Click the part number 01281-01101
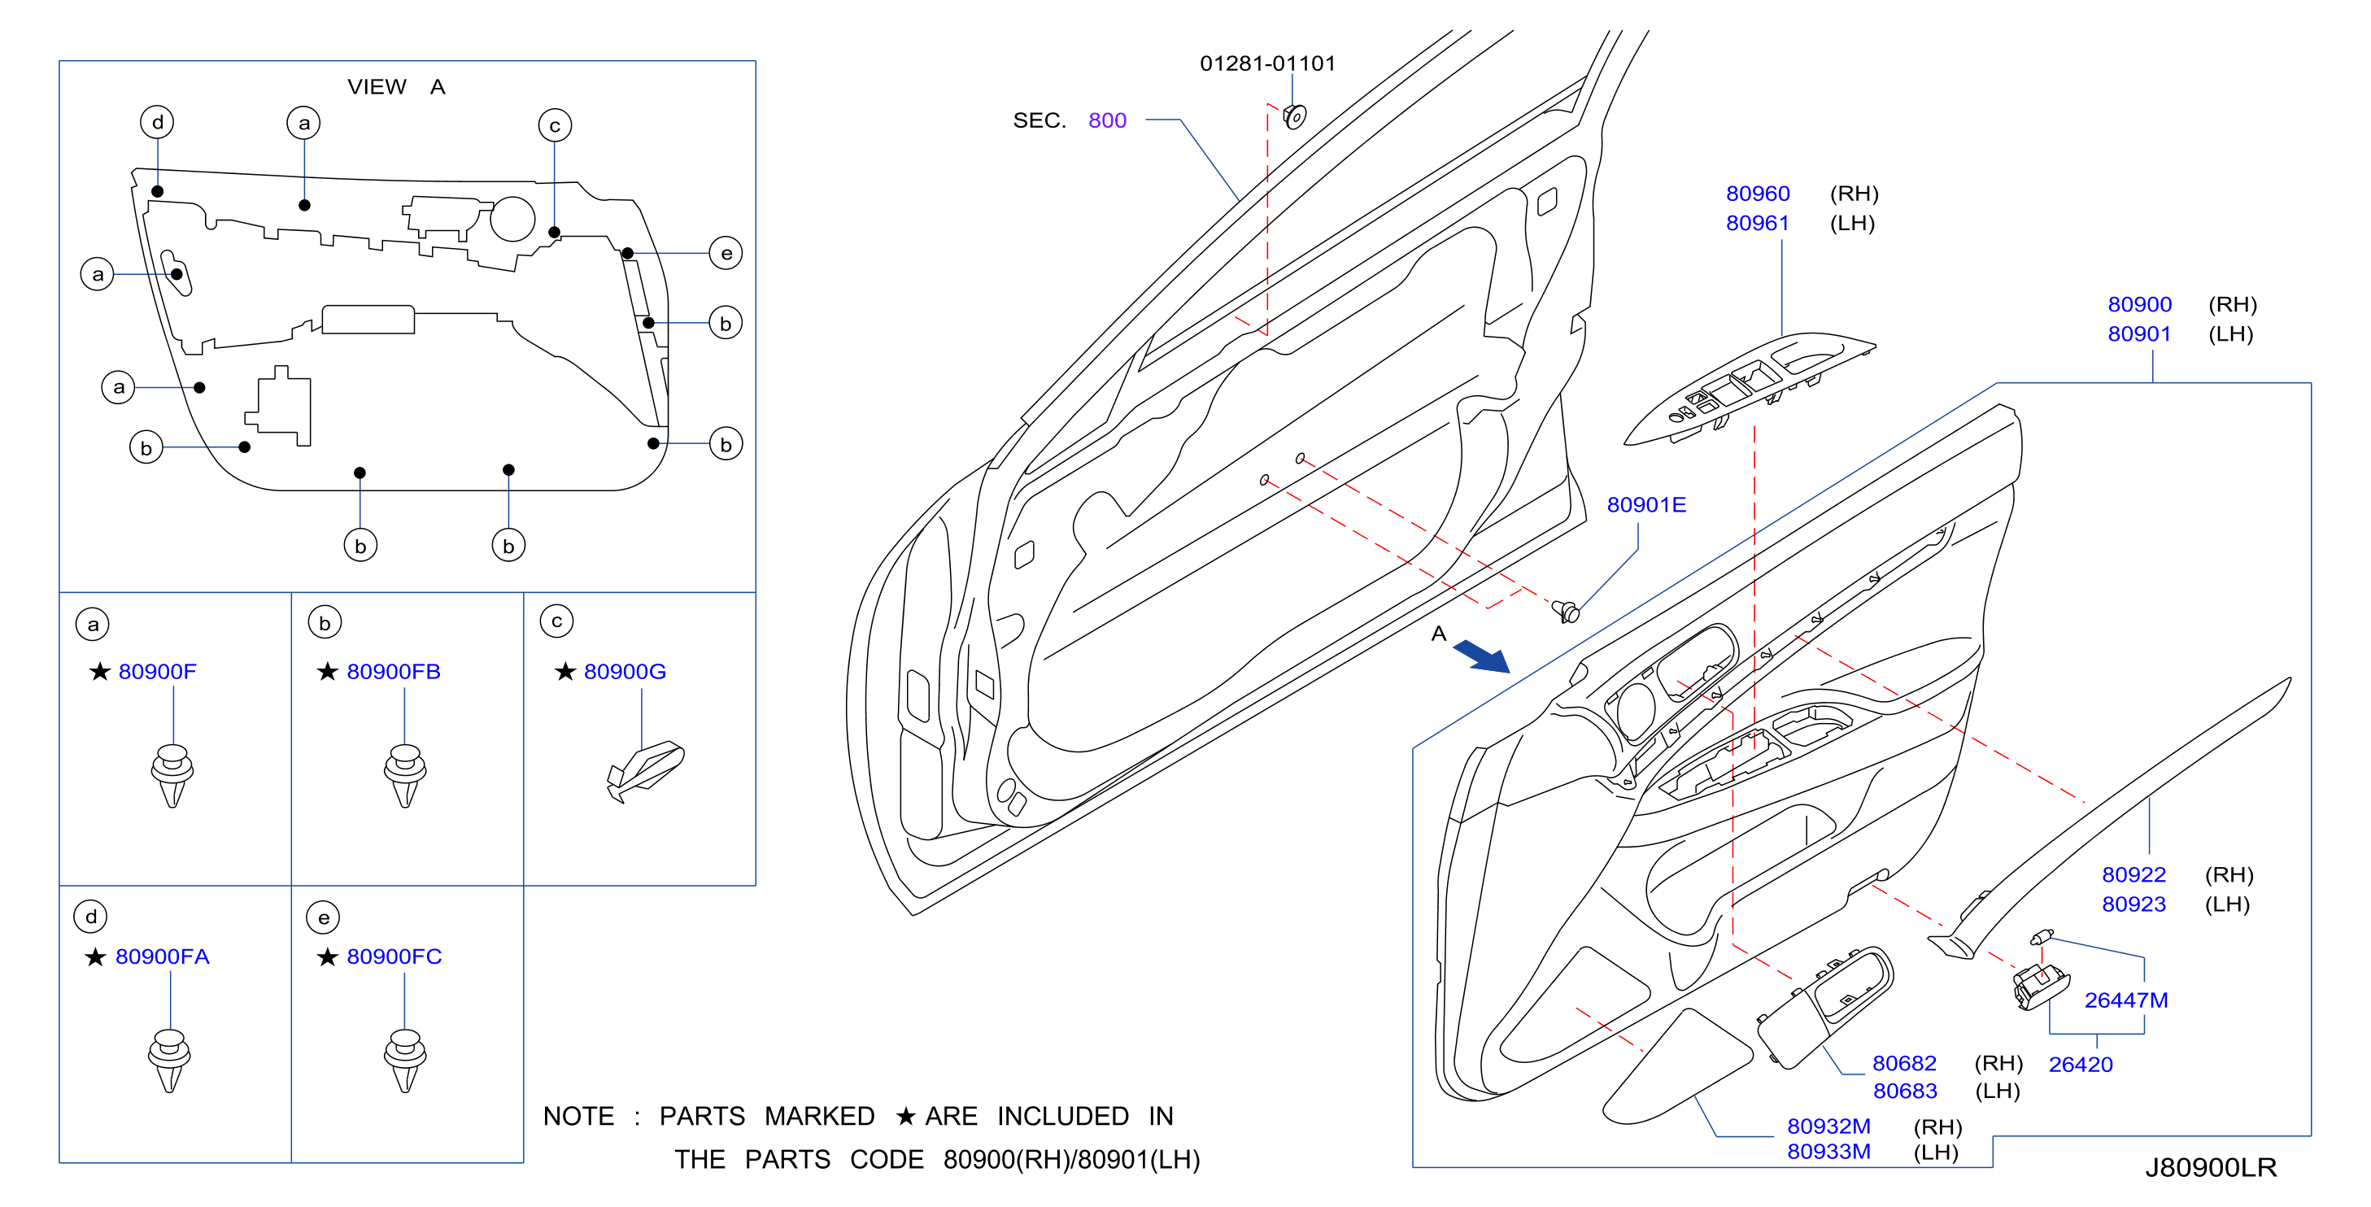(1267, 63)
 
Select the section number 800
(1107, 120)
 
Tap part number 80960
(1757, 194)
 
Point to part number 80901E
(1645, 504)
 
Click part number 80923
(2133, 904)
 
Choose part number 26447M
(2126, 1000)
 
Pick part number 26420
(2080, 1065)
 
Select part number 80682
(1904, 1063)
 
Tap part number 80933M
(1828, 1151)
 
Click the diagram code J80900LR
(2211, 1167)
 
